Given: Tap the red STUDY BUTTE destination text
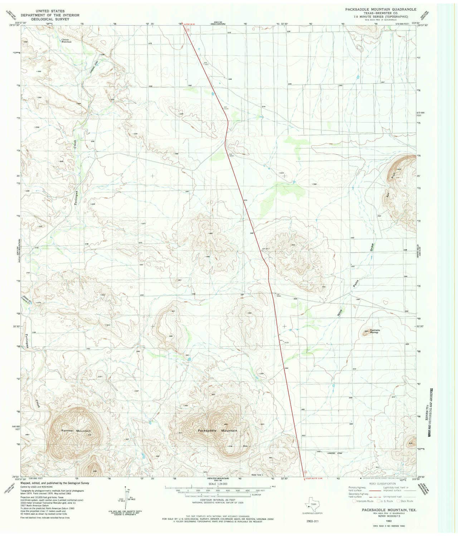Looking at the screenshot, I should point(315,478).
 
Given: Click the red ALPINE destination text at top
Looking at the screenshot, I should point(190,24).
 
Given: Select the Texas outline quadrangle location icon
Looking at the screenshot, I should point(310,505).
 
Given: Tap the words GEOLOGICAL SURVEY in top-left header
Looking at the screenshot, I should point(50,20).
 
